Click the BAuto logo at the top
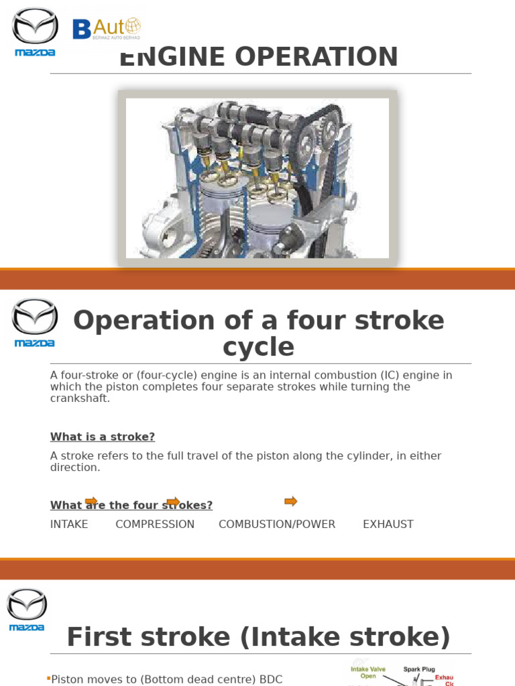pyautogui.click(x=107, y=29)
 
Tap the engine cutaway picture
pyautogui.click(x=257, y=178)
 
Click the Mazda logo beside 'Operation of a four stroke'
pyautogui.click(x=35, y=322)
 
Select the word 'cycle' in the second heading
pyautogui.click(x=258, y=347)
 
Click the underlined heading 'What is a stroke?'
pyautogui.click(x=103, y=437)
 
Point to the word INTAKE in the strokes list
pyautogui.click(x=69, y=524)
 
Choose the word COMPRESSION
pyautogui.click(x=155, y=524)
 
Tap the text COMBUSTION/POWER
pyautogui.click(x=277, y=524)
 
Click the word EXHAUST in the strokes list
pyautogui.click(x=388, y=524)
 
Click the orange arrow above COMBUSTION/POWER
pyautogui.click(x=290, y=501)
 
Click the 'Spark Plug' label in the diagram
pyautogui.click(x=419, y=669)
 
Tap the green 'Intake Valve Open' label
pyautogui.click(x=368, y=672)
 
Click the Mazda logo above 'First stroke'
pyautogui.click(x=27, y=609)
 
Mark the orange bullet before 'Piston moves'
pyautogui.click(x=49, y=679)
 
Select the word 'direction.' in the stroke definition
pyautogui.click(x=75, y=468)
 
